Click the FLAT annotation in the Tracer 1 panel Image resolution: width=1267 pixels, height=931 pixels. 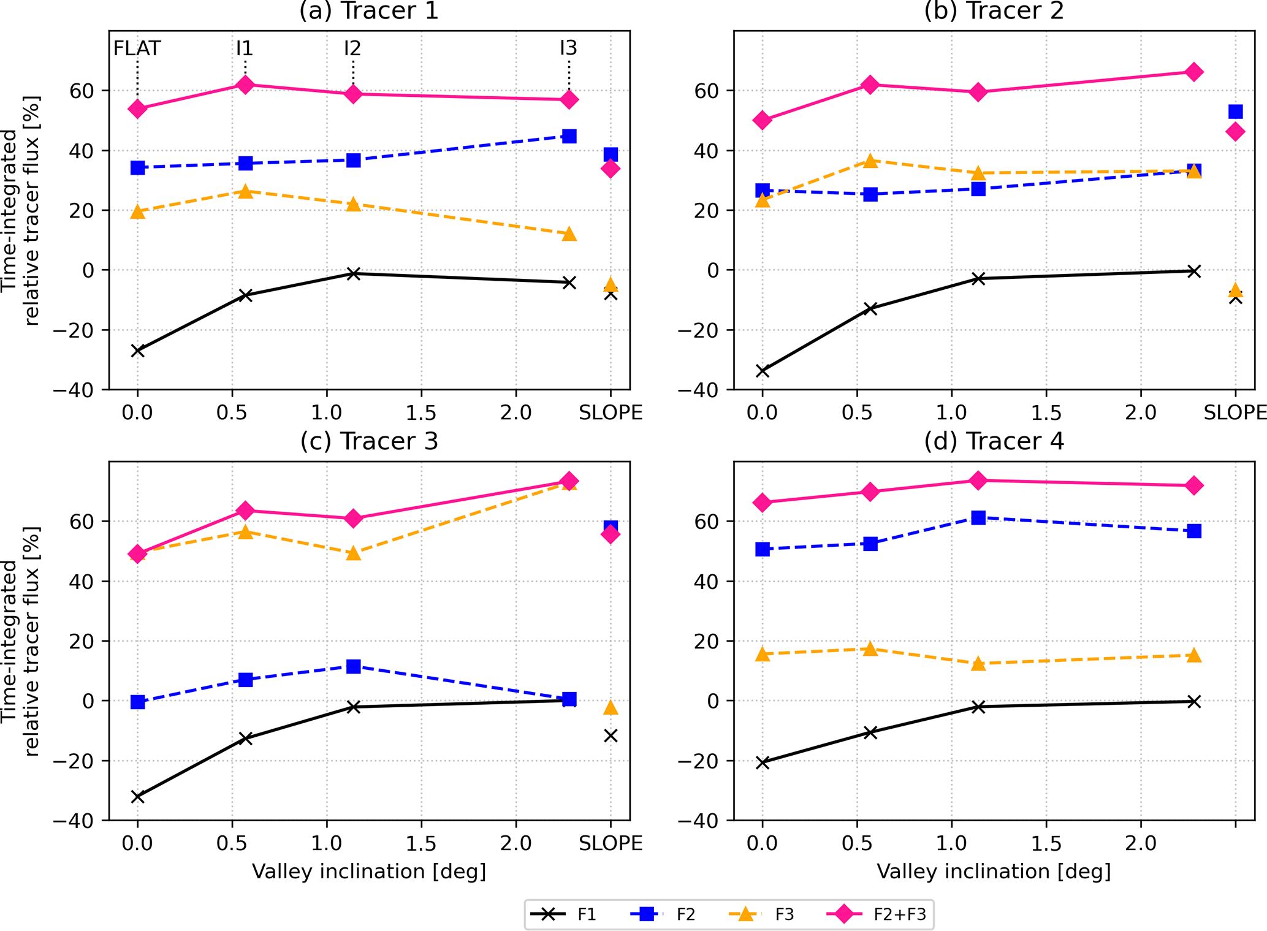point(137,48)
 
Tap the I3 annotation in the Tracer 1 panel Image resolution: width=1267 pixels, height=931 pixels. point(568,48)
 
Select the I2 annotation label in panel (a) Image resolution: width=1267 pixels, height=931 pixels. point(352,48)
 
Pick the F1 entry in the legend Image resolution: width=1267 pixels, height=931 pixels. point(564,915)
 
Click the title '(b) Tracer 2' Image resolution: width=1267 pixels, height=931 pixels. point(994,11)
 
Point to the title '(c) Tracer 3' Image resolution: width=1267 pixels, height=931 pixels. point(369,441)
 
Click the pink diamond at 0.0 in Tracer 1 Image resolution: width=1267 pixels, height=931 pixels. point(138,109)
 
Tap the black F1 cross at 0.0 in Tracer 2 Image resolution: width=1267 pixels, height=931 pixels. point(763,371)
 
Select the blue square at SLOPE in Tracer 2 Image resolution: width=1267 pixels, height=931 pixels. point(1235,112)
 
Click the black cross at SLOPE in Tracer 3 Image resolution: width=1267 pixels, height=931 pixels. point(611,735)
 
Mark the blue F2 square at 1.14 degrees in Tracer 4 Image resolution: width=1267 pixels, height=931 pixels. point(978,518)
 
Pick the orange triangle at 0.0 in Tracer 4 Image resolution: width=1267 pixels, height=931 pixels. point(763,654)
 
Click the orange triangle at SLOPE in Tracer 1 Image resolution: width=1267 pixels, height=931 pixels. point(611,284)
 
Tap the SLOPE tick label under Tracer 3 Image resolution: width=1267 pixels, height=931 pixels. point(611,844)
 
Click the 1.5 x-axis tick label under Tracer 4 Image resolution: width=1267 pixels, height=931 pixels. point(1046,844)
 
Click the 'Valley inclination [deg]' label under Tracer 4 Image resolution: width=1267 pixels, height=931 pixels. point(994,872)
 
